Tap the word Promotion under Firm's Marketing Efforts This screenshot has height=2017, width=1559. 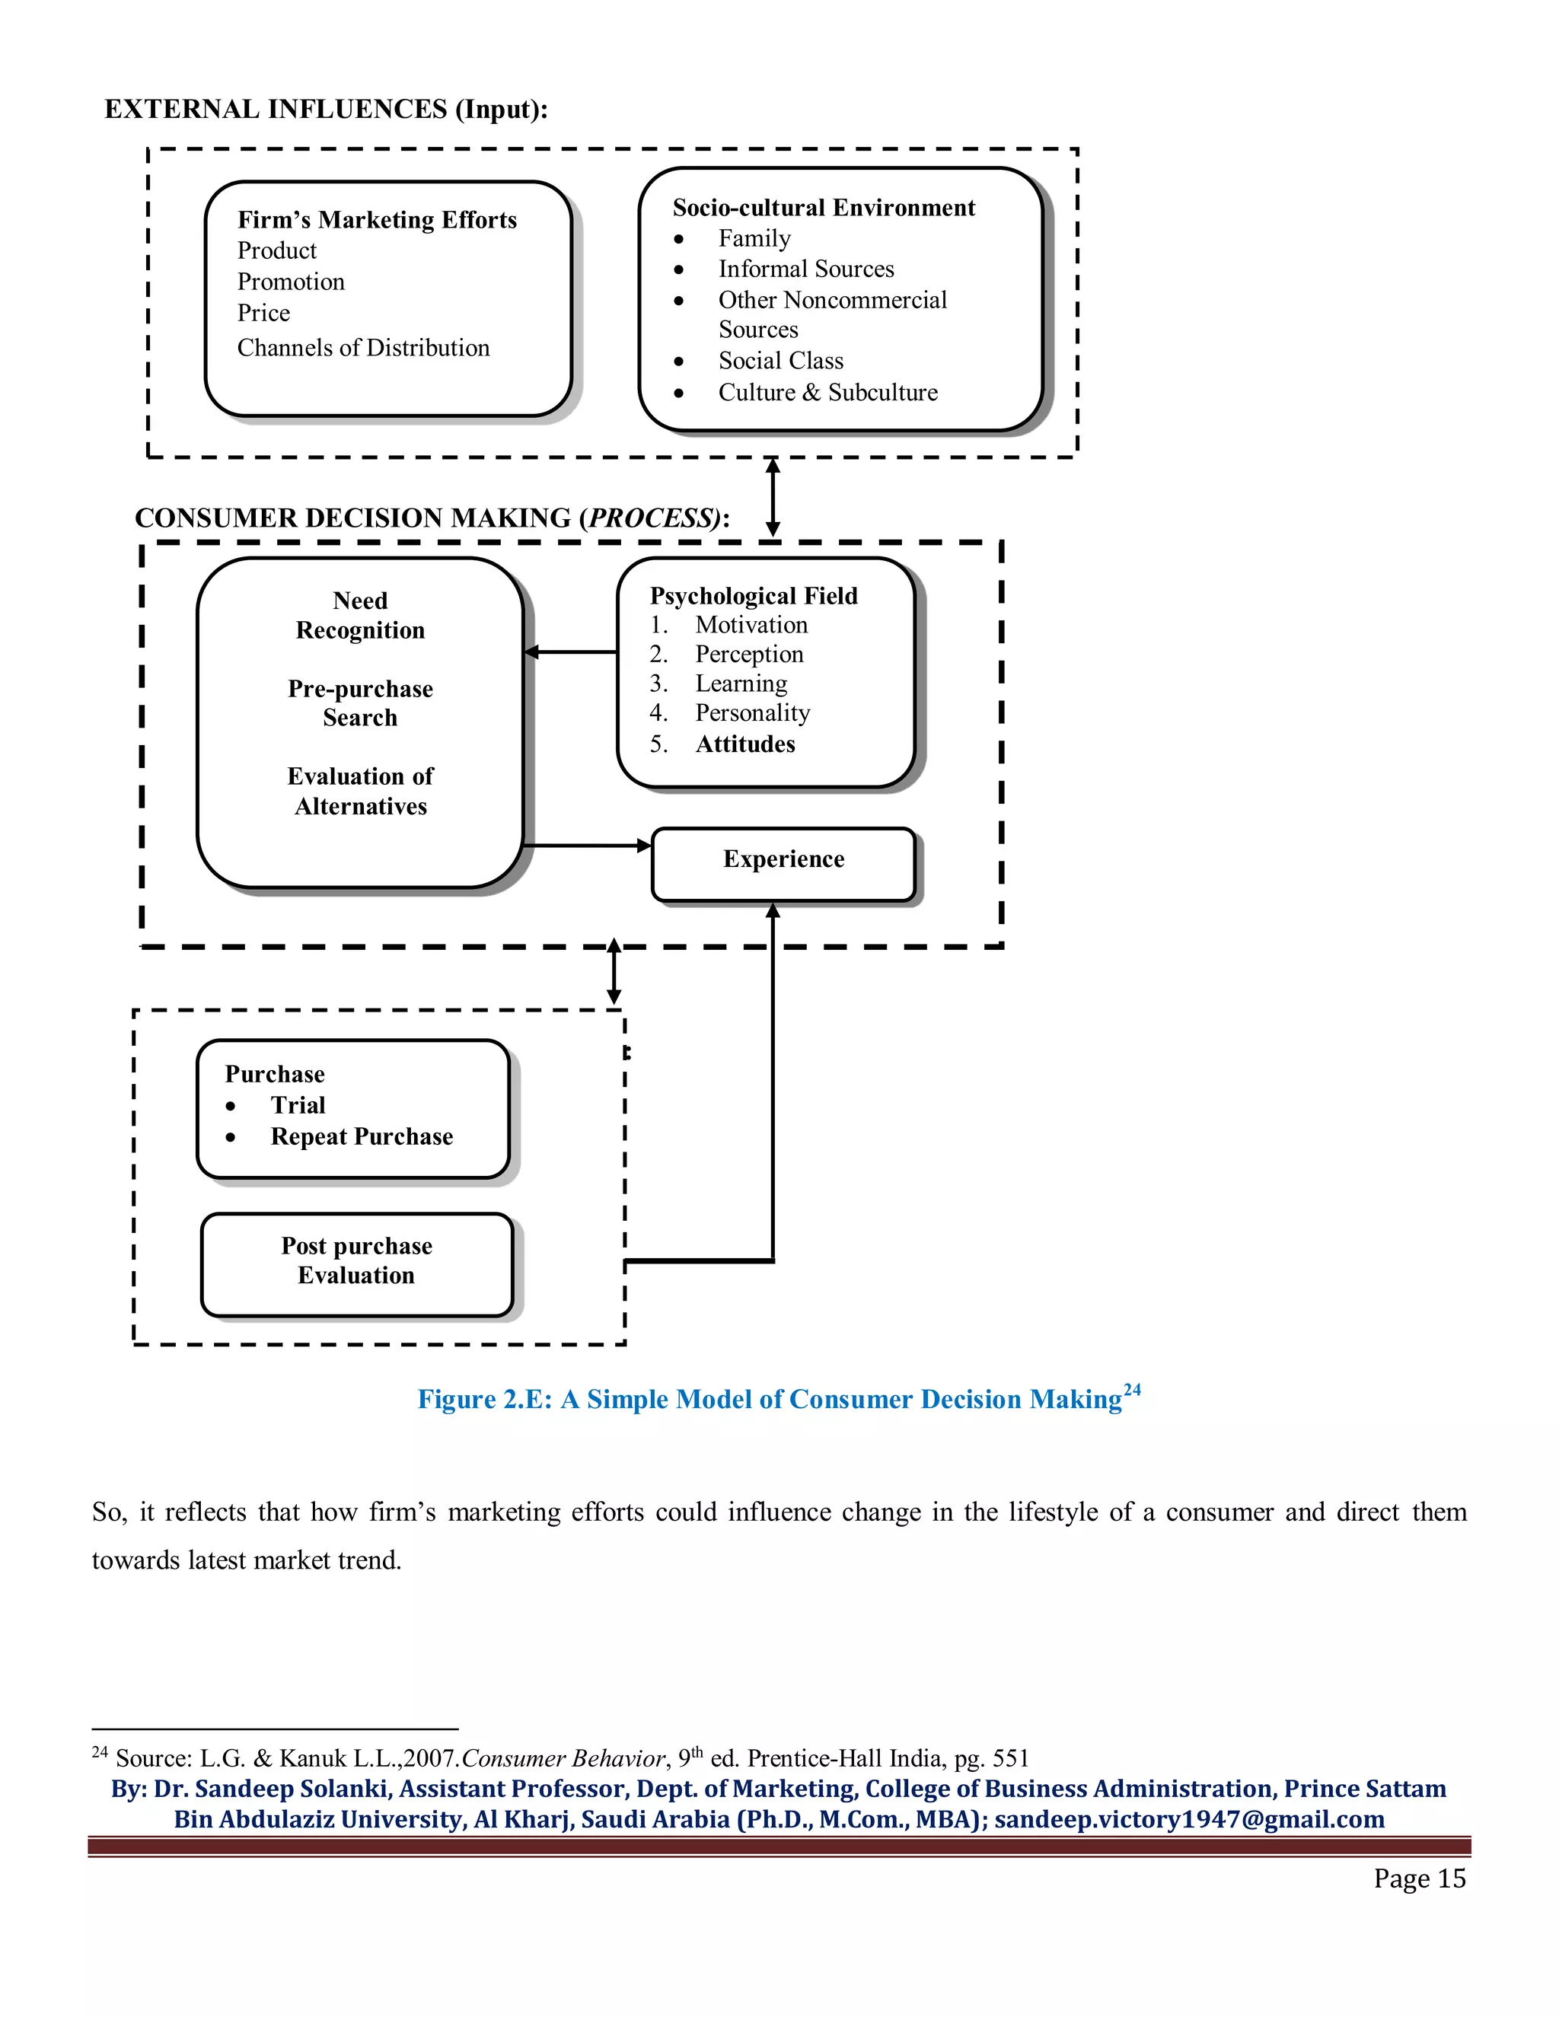(291, 282)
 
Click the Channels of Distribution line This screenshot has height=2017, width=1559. (363, 348)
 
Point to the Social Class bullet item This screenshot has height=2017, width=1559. (780, 361)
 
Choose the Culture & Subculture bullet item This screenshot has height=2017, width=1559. (827, 393)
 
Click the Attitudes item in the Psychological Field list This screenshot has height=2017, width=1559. (744, 744)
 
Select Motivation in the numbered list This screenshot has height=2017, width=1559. (751, 625)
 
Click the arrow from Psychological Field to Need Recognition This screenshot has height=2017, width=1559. (571, 652)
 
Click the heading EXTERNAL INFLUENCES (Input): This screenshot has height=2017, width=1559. (326, 110)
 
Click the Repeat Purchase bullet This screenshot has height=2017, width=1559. (361, 1137)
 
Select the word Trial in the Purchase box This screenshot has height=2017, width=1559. (298, 1105)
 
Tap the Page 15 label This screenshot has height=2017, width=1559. (1419, 1878)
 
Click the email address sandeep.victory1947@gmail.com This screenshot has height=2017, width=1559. (1188, 1819)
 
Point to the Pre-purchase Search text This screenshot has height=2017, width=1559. (360, 703)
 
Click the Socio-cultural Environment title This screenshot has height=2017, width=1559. (823, 208)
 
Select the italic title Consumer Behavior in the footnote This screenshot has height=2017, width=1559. (563, 1758)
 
